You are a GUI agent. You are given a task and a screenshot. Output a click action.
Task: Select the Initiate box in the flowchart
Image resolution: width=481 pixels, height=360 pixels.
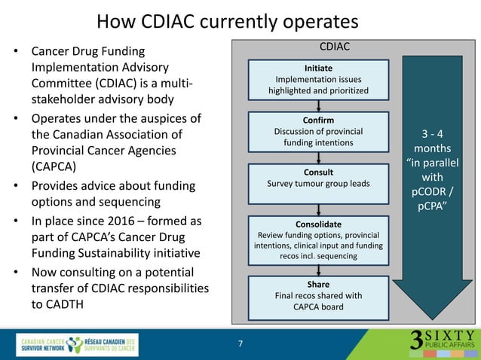[x=322, y=79]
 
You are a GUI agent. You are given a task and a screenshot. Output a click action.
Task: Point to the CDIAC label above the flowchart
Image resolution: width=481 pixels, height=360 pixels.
[x=335, y=47]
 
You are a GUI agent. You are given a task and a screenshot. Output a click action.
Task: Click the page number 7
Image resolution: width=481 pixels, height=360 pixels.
[x=240, y=344]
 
